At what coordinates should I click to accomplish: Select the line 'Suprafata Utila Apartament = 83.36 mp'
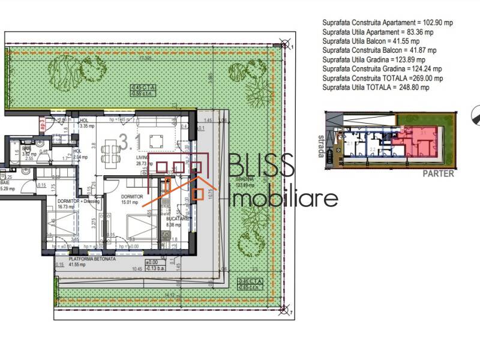(377, 32)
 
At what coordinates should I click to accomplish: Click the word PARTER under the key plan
(438, 175)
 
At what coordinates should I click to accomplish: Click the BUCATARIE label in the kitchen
(178, 220)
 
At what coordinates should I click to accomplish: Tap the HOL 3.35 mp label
(88, 124)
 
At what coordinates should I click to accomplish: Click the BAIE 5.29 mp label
(8, 185)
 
